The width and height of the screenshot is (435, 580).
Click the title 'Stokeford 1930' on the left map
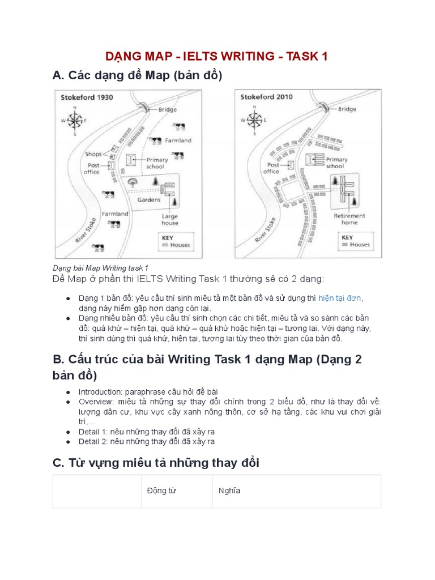87,97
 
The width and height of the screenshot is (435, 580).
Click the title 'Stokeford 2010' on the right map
266,97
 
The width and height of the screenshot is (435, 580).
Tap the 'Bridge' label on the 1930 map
168,109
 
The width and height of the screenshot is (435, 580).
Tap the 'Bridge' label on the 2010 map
347,109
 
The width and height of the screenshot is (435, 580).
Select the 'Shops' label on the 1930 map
93,154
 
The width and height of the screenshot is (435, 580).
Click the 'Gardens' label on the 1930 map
148,200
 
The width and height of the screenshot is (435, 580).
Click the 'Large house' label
169,220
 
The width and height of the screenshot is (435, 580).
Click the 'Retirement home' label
349,219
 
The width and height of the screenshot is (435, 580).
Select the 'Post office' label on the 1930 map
91,168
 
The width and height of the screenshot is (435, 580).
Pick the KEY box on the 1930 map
176,241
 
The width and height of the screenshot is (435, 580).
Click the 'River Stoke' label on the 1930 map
87,231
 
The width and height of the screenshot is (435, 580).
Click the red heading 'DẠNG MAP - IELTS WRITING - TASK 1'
217,57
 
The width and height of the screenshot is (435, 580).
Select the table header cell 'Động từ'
161,491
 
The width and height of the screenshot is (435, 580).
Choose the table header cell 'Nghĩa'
229,491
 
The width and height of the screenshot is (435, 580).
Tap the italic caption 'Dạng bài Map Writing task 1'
100,267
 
